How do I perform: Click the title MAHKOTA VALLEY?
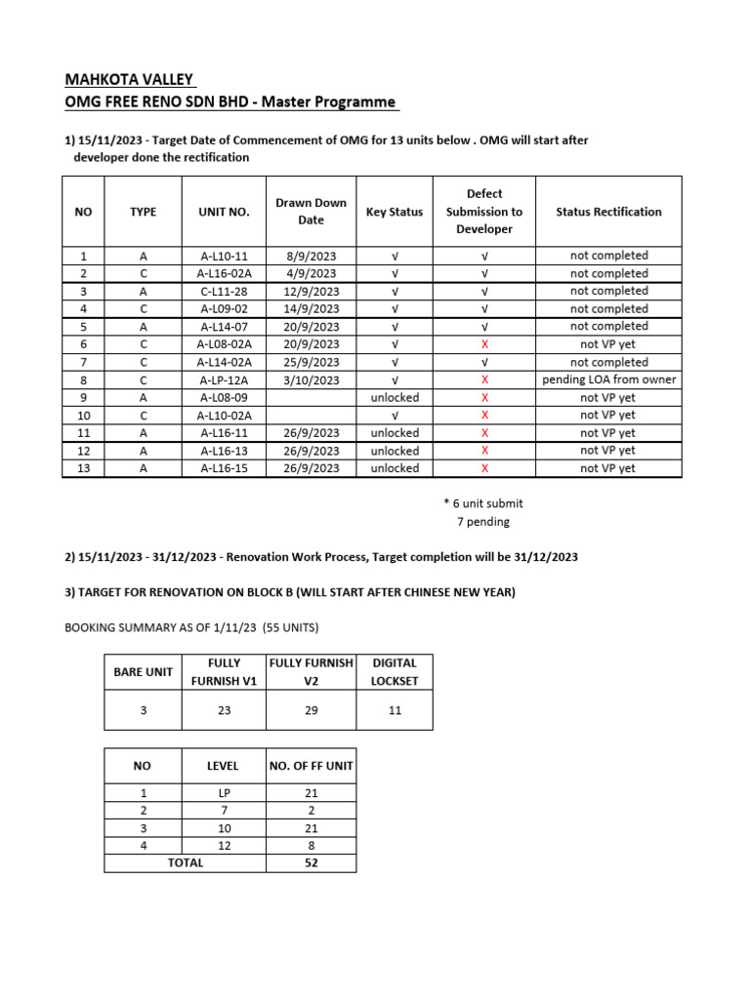129,79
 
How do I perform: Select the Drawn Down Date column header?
311,212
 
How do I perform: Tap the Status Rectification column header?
608,212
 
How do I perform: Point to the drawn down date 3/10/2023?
311,380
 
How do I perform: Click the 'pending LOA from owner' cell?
608,380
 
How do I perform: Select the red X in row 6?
484,344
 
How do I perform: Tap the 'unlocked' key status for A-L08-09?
394,397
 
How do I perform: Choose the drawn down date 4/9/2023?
311,273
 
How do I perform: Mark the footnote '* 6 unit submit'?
482,503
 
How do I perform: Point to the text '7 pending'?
482,521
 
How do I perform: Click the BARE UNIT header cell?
143,672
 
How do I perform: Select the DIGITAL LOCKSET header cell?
395,672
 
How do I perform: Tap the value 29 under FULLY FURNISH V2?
311,711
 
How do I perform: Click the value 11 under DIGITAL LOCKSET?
395,711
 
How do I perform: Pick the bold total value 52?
311,862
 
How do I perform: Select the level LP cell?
224,793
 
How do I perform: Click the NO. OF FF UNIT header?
311,767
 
